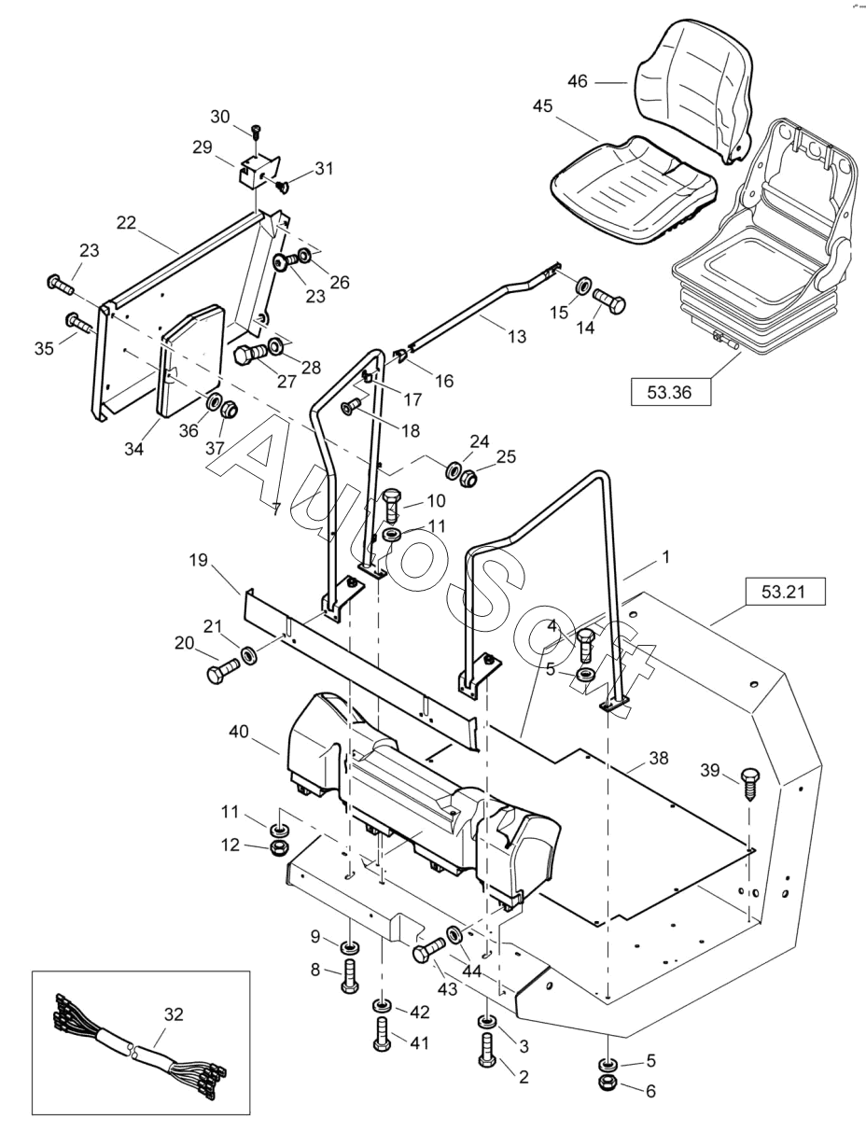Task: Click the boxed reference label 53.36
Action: point(669,392)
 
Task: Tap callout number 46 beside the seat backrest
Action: point(578,81)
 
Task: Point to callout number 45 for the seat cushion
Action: point(543,106)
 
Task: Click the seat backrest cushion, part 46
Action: point(695,84)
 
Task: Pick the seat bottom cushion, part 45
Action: point(635,177)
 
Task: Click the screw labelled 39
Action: point(749,779)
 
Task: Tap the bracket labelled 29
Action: point(255,173)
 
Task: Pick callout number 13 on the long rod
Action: point(516,336)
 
